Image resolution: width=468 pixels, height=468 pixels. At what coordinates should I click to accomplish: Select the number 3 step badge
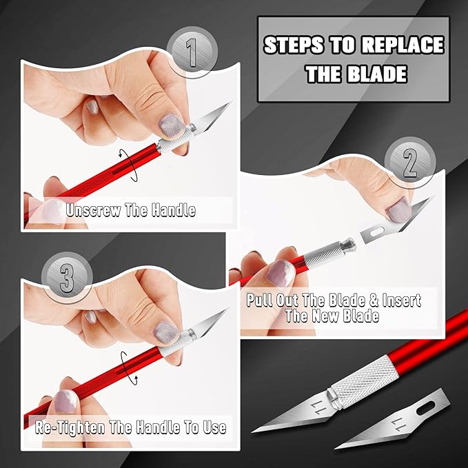pos(67,279)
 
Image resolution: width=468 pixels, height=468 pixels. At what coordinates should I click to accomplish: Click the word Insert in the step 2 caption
pos(394,301)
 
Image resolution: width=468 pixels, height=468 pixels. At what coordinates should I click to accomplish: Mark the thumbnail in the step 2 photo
pos(397,207)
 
